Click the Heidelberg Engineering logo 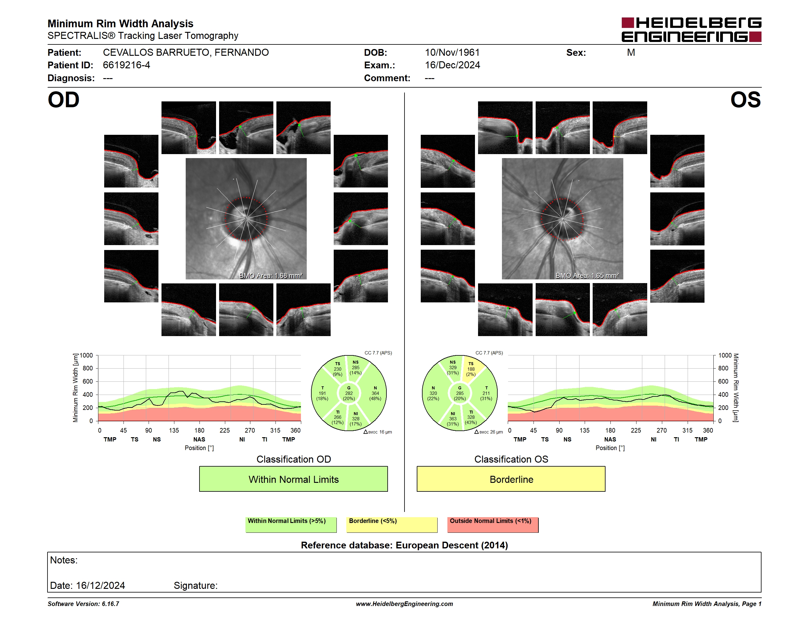(691, 30)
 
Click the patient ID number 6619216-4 (126, 65)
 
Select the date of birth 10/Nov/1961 (452, 53)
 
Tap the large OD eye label (64, 100)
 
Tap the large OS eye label (745, 100)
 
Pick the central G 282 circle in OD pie (348, 393)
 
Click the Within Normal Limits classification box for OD (293, 479)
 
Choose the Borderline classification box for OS (511, 479)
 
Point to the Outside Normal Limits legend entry (493, 525)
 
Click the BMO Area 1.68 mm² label (271, 275)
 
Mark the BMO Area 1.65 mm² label (587, 275)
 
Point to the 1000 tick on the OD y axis (86, 355)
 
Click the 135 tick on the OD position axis (174, 430)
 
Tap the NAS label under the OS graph (610, 440)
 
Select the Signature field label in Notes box (196, 585)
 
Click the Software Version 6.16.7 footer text (83, 604)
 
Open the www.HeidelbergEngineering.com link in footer (404, 604)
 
